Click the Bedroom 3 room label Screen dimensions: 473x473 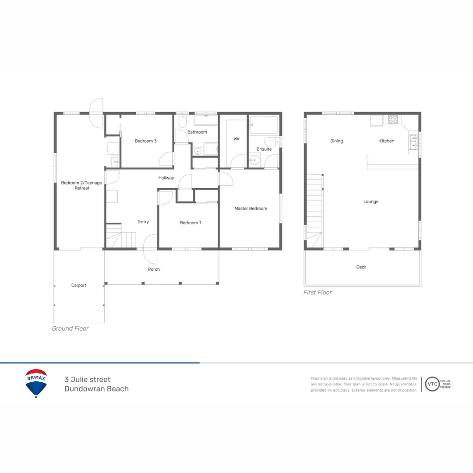[x=145, y=141]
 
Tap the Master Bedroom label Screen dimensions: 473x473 [x=251, y=208]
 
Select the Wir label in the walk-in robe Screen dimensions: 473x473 [x=236, y=139]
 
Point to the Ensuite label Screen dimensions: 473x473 [x=264, y=149]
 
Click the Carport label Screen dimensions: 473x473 [x=79, y=286]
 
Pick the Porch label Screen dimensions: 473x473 [x=154, y=269]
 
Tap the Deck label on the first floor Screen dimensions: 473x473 [x=361, y=267]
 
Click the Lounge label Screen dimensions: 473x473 [x=371, y=202]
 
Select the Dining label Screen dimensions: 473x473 [x=336, y=141]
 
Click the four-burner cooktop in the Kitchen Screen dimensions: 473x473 [x=393, y=119]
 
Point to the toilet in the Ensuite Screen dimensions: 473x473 [x=271, y=141]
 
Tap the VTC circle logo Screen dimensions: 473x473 [x=432, y=384]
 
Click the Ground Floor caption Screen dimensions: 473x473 [x=70, y=328]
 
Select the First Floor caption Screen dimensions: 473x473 [x=318, y=293]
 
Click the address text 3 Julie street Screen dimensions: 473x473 [x=88, y=380]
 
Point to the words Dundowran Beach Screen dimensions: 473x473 [x=96, y=389]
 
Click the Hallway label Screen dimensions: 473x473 [x=166, y=178]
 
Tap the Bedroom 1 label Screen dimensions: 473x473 [x=191, y=223]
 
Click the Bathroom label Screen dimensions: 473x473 [x=197, y=132]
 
